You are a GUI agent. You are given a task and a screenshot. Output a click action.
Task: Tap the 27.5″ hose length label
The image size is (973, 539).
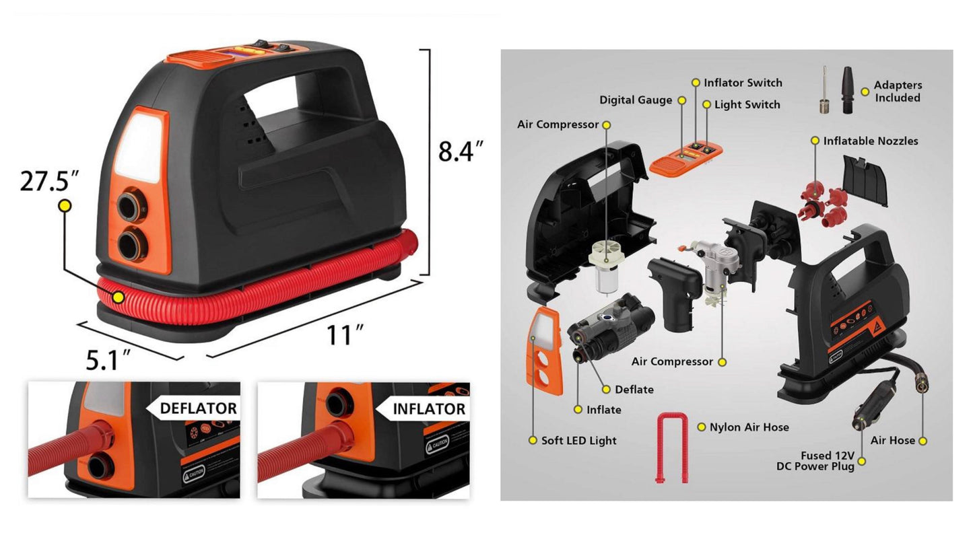tap(50, 181)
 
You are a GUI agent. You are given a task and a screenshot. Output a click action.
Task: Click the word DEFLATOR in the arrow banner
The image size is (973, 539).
tap(199, 408)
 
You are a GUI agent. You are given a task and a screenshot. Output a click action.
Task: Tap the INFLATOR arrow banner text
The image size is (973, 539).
tap(429, 409)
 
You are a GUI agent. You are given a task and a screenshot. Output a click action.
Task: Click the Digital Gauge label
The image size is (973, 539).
tap(636, 100)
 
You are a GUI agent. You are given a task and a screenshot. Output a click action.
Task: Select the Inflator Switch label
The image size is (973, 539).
tap(743, 83)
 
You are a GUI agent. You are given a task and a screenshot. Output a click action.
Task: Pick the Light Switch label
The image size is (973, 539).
tap(747, 104)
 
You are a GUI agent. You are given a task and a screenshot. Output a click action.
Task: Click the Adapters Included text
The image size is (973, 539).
tap(898, 91)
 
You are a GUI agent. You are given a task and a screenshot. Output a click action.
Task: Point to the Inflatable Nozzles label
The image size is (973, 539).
tap(871, 141)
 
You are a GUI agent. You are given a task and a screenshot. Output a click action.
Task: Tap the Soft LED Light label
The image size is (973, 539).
tap(578, 441)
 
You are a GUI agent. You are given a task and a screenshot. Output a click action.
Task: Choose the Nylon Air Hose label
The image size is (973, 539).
tap(749, 427)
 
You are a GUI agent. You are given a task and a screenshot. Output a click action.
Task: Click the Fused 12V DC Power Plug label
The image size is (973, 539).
tap(815, 461)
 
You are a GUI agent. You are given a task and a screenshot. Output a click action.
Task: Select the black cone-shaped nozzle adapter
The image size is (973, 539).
tap(847, 90)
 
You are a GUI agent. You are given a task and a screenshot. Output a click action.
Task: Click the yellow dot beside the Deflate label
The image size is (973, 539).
tap(606, 389)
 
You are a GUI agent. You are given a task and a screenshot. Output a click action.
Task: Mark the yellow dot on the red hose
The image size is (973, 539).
tap(118, 297)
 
